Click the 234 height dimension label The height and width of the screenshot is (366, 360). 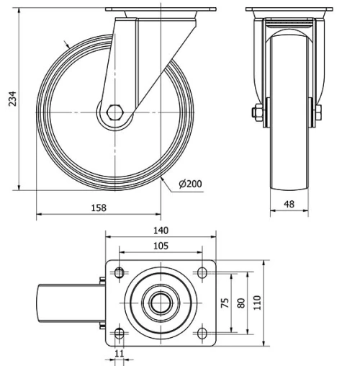(10, 99)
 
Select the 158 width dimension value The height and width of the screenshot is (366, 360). (99, 208)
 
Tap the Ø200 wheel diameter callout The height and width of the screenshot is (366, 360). (190, 184)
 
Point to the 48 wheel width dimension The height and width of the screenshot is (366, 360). (289, 205)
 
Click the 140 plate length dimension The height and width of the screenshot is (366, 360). (161, 231)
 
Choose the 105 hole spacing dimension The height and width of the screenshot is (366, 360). (161, 246)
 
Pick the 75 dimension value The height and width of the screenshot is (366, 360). (224, 302)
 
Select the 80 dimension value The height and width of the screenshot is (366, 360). (240, 302)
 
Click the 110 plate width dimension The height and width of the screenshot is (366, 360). (257, 302)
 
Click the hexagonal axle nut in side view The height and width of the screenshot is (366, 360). (115, 112)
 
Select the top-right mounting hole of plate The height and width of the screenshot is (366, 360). (203, 272)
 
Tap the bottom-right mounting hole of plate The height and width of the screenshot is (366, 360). (203, 333)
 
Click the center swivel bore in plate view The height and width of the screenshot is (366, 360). (161, 303)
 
